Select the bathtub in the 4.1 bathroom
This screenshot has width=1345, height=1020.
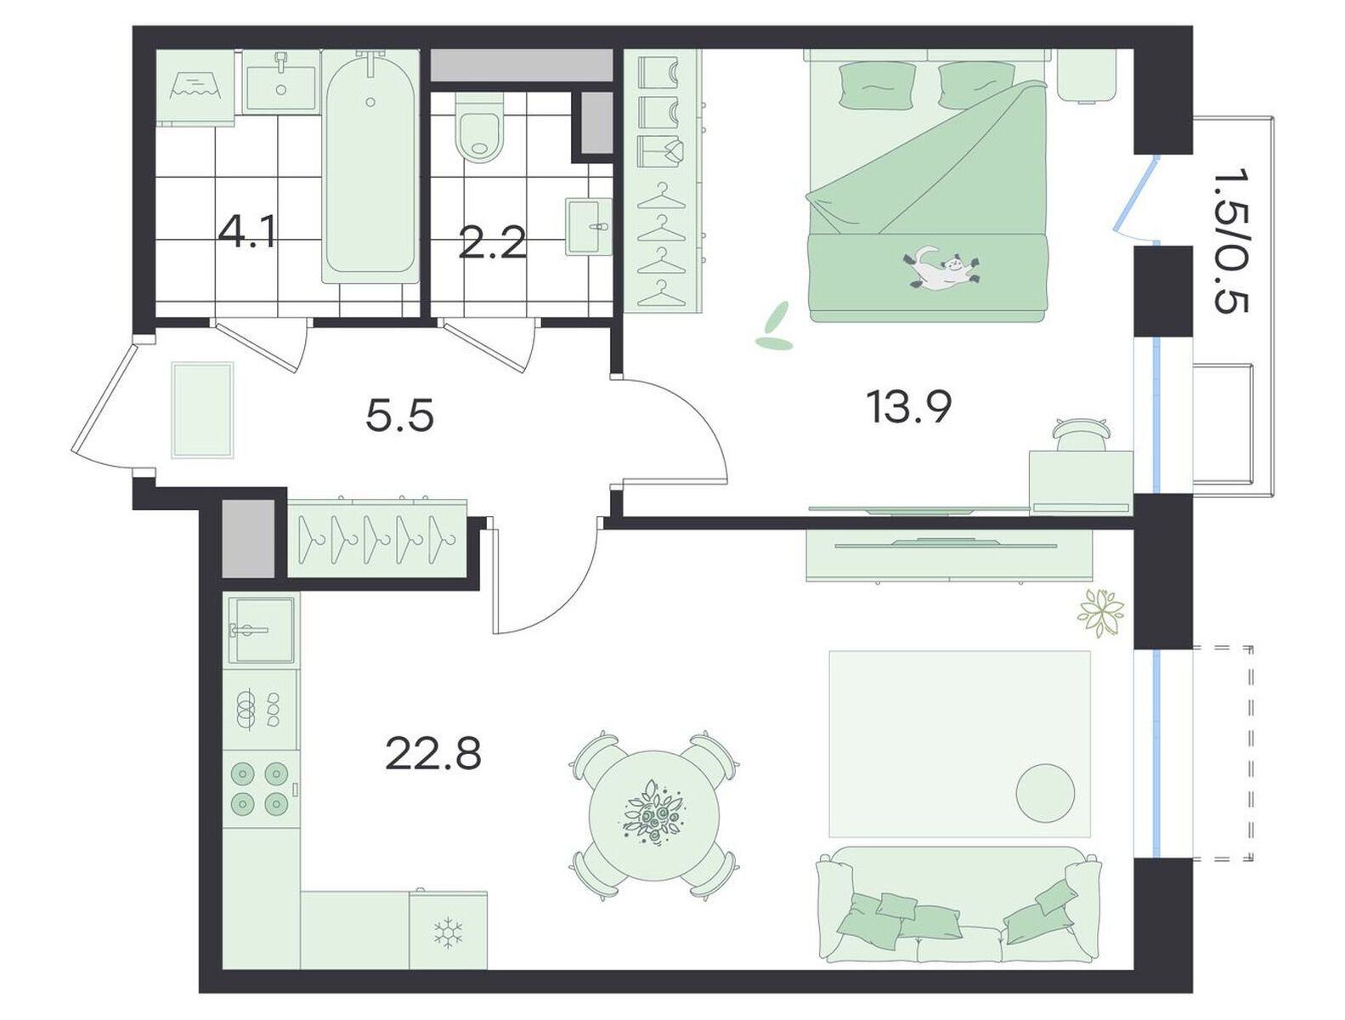pyautogui.click(x=370, y=167)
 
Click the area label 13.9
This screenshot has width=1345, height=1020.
pyautogui.click(x=908, y=408)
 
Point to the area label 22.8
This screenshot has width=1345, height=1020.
pyautogui.click(x=433, y=753)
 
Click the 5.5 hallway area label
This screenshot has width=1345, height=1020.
pyautogui.click(x=399, y=415)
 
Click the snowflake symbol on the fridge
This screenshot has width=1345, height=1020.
pyautogui.click(x=448, y=933)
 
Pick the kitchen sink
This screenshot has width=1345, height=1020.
pyautogui.click(x=261, y=630)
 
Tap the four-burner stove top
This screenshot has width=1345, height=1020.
pyautogui.click(x=260, y=787)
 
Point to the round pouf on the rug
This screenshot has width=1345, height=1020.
pyautogui.click(x=1045, y=792)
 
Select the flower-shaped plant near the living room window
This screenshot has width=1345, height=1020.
pyautogui.click(x=1101, y=612)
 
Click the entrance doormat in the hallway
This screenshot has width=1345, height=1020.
pyautogui.click(x=203, y=410)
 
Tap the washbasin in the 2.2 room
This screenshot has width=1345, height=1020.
pyautogui.click(x=589, y=225)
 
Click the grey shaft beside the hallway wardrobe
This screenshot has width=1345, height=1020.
pyautogui.click(x=247, y=538)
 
